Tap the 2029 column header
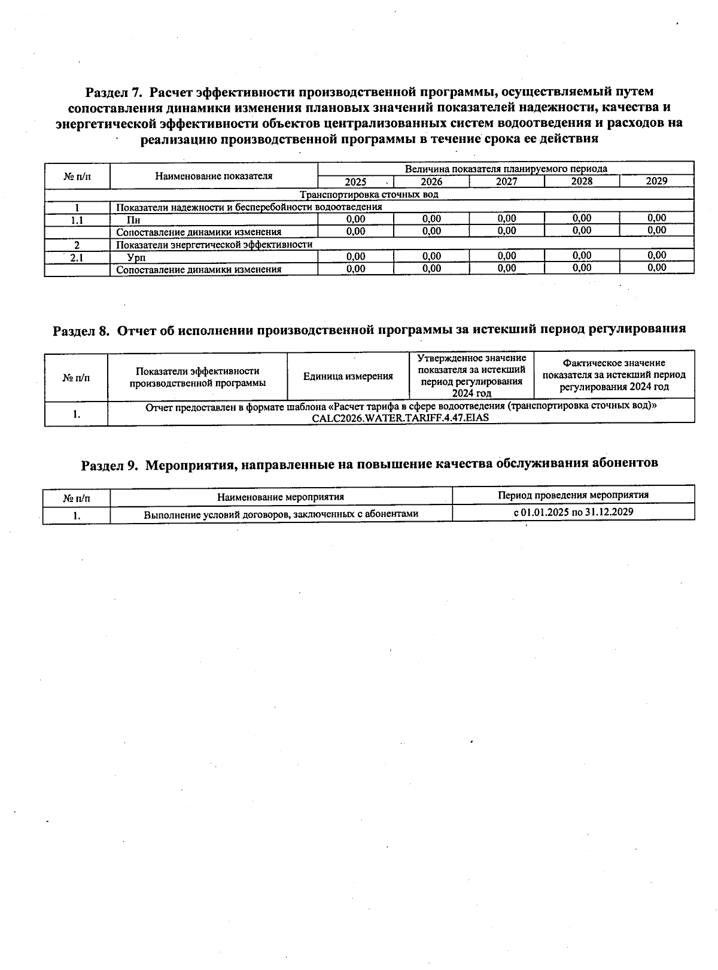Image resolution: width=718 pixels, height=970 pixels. pos(656,181)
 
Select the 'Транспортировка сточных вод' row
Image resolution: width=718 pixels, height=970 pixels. pos(369,194)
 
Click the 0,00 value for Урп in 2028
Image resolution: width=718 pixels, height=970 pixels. pos(581,256)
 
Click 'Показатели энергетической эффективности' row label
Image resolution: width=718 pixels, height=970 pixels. pos(214,245)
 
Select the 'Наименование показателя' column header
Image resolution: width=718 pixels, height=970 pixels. pos(214,176)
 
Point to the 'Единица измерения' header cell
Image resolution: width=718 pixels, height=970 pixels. pos(348,376)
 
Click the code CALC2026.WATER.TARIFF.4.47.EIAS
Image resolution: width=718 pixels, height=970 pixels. pos(400,418)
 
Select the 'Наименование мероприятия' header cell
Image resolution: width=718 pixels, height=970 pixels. pos(281,497)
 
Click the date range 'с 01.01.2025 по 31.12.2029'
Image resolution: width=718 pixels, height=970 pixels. pos(573,512)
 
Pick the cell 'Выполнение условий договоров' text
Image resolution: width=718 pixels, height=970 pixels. pos(281,514)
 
